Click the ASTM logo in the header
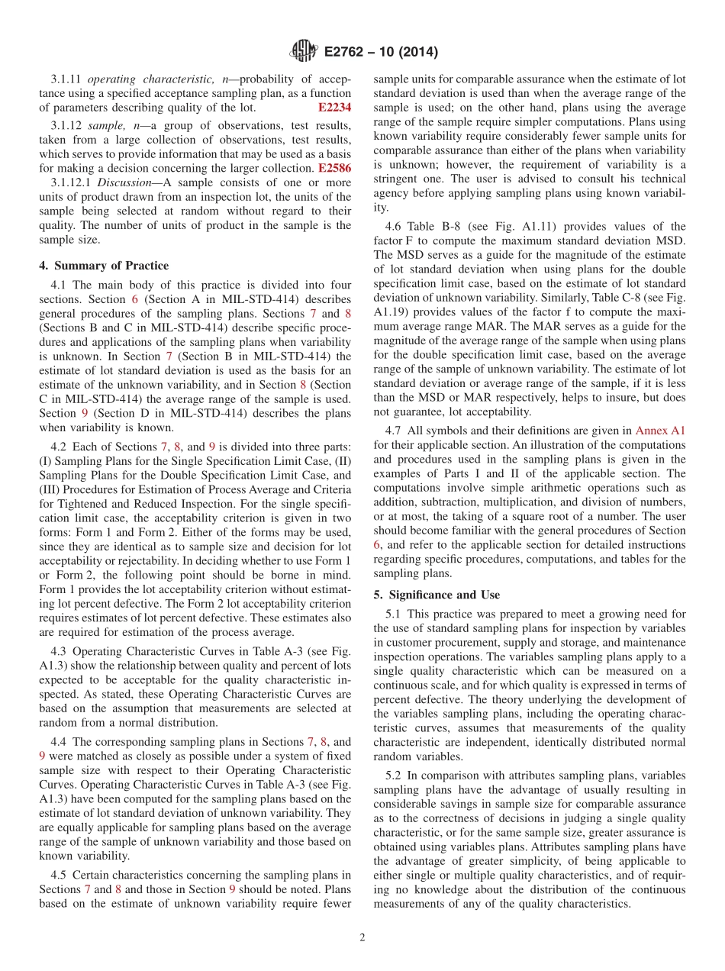pyautogui.click(x=303, y=52)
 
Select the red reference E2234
pyautogui.click(x=334, y=108)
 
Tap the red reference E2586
pyautogui.click(x=334, y=167)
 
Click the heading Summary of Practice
pyautogui.click(x=104, y=266)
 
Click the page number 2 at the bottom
pyautogui.click(x=362, y=937)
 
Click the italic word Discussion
pyautogui.click(x=122, y=182)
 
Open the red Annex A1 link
pyautogui.click(x=660, y=431)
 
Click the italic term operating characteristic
pyautogui.click(x=136, y=79)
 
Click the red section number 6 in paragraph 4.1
pyautogui.click(x=134, y=300)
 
